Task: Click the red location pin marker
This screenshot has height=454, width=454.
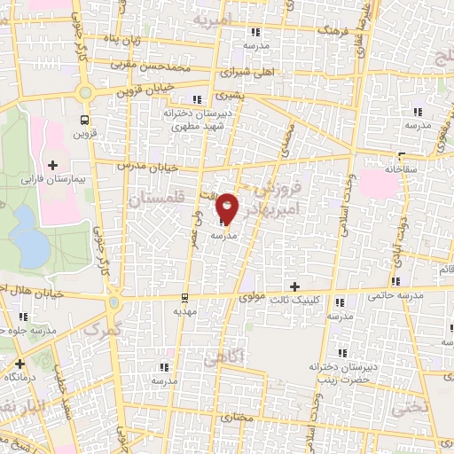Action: (228, 207)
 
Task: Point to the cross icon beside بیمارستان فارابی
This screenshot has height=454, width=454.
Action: (52, 165)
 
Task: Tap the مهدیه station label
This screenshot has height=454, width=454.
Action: (184, 311)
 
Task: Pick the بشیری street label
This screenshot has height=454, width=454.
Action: (231, 93)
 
